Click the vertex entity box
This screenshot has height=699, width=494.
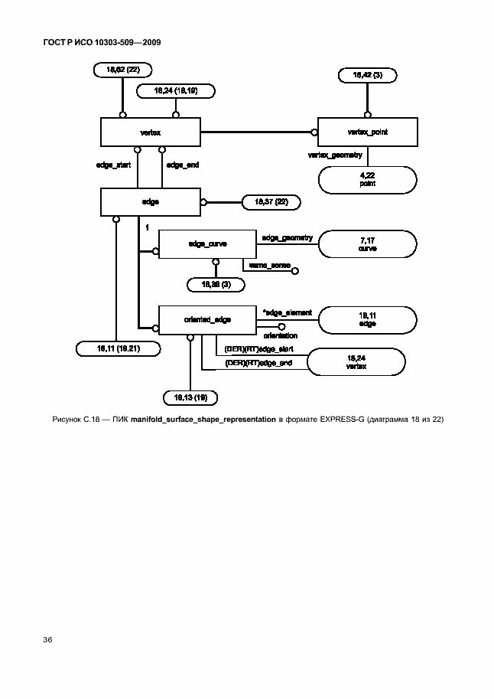[x=150, y=132]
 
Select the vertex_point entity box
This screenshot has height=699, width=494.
[x=367, y=132]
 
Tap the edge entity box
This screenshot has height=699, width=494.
[x=150, y=202]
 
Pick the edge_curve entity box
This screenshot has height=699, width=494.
[x=204, y=243]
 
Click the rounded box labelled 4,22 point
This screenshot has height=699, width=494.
[x=367, y=181]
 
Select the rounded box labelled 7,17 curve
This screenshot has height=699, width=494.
[x=367, y=244]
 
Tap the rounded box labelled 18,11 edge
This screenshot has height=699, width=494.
[x=367, y=320]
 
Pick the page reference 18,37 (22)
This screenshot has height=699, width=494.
[x=270, y=202]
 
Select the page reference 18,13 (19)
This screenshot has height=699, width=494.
[x=190, y=397]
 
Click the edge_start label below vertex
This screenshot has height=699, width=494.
[x=113, y=165]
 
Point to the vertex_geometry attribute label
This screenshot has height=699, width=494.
[x=334, y=155]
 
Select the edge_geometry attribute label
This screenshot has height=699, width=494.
[x=287, y=238]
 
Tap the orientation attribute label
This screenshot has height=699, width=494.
[x=281, y=335]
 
